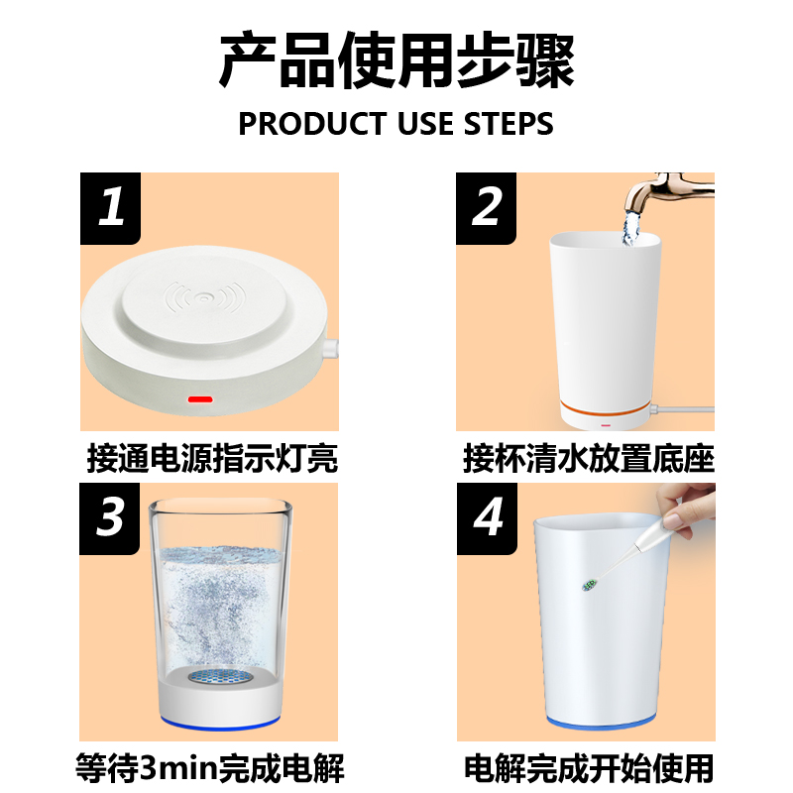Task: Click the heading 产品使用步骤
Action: pyautogui.click(x=396, y=60)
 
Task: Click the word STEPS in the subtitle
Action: pyautogui.click(x=509, y=124)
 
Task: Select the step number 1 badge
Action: pyautogui.click(x=110, y=208)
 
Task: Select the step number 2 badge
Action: pyautogui.click(x=486, y=208)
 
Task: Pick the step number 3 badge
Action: pyautogui.click(x=109, y=518)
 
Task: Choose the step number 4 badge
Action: pyautogui.click(x=487, y=518)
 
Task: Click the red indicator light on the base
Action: pyautogui.click(x=200, y=399)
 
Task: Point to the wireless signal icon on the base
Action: pyautogui.click(x=204, y=297)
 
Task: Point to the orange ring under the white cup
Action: pyautogui.click(x=605, y=408)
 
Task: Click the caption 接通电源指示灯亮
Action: pyautogui.click(x=212, y=459)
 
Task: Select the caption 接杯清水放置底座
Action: pyautogui.click(x=589, y=459)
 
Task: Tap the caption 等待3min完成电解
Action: pyautogui.click(x=210, y=768)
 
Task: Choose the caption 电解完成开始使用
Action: pyautogui.click(x=589, y=768)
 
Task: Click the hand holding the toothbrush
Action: pyautogui.click(x=687, y=509)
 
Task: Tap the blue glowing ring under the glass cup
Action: pyautogui.click(x=219, y=723)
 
